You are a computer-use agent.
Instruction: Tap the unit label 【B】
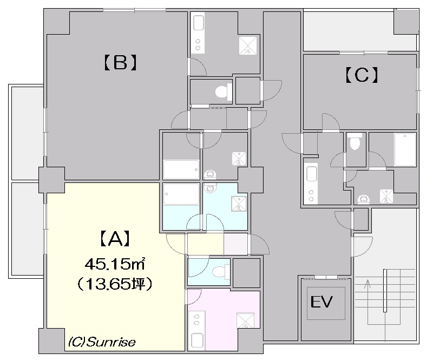click(120, 63)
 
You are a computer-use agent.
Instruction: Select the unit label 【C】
click(362, 75)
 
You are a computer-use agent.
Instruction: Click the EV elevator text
click(322, 302)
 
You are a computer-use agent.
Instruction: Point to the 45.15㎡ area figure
click(115, 264)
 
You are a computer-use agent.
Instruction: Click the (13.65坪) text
click(114, 284)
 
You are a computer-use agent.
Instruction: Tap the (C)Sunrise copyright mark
click(102, 342)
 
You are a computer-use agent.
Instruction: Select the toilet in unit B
click(224, 91)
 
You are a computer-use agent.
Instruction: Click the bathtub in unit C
click(405, 149)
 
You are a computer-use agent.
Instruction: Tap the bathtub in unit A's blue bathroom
click(181, 194)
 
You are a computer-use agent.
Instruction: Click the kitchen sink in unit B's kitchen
click(198, 23)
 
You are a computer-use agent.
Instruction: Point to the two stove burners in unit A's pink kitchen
click(197, 319)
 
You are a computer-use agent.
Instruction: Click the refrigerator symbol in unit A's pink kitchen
click(246, 320)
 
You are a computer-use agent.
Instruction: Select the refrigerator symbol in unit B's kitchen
click(248, 45)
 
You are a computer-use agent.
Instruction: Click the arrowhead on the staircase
click(368, 284)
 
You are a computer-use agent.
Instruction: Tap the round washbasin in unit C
click(363, 199)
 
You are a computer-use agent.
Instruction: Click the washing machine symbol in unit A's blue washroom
click(239, 204)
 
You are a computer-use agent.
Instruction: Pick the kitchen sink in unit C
click(312, 174)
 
